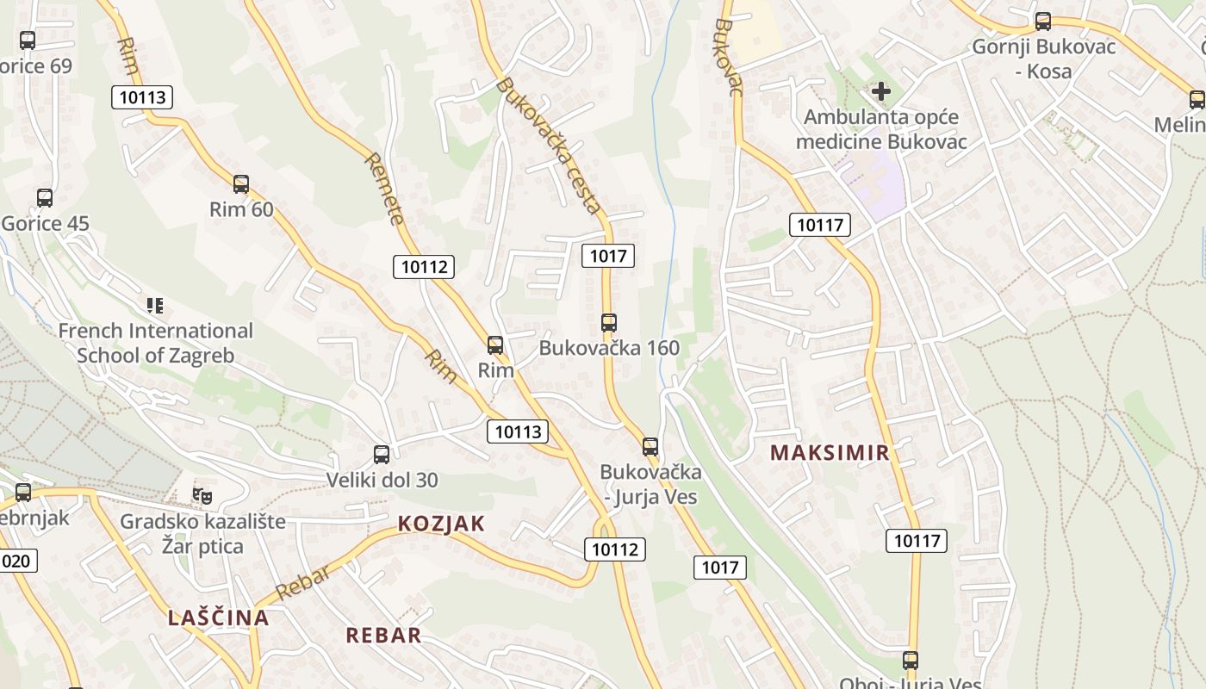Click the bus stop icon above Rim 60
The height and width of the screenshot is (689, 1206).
coord(241,183)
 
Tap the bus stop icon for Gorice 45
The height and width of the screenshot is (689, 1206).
coord(45,198)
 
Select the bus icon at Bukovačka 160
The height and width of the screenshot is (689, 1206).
coord(609,323)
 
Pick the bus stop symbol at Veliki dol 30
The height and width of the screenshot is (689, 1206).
coord(382,455)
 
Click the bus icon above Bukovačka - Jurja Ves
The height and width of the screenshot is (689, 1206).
coord(650,447)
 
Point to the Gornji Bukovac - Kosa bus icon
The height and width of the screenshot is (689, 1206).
coord(1043,22)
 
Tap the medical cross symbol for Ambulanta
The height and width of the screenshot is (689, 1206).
coord(881,90)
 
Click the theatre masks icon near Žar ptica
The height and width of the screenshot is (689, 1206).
coord(202,495)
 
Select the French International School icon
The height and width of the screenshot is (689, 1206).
coord(155,305)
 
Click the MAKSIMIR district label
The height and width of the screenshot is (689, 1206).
coord(830,453)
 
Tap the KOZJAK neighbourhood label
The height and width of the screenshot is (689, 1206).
coord(441,524)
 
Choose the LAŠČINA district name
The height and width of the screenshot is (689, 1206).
coord(219,618)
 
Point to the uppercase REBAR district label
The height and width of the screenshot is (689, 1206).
coord(383,636)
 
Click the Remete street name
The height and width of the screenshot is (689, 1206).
coord(384,188)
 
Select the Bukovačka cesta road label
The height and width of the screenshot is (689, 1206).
coord(548,145)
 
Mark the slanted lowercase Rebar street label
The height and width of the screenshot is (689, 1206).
coord(302,583)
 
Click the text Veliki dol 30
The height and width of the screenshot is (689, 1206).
coord(382,480)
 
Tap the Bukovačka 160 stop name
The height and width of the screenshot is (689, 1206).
coord(609,348)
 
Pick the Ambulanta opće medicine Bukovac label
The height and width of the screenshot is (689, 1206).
coord(881,129)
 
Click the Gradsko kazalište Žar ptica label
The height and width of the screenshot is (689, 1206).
coord(202,534)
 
